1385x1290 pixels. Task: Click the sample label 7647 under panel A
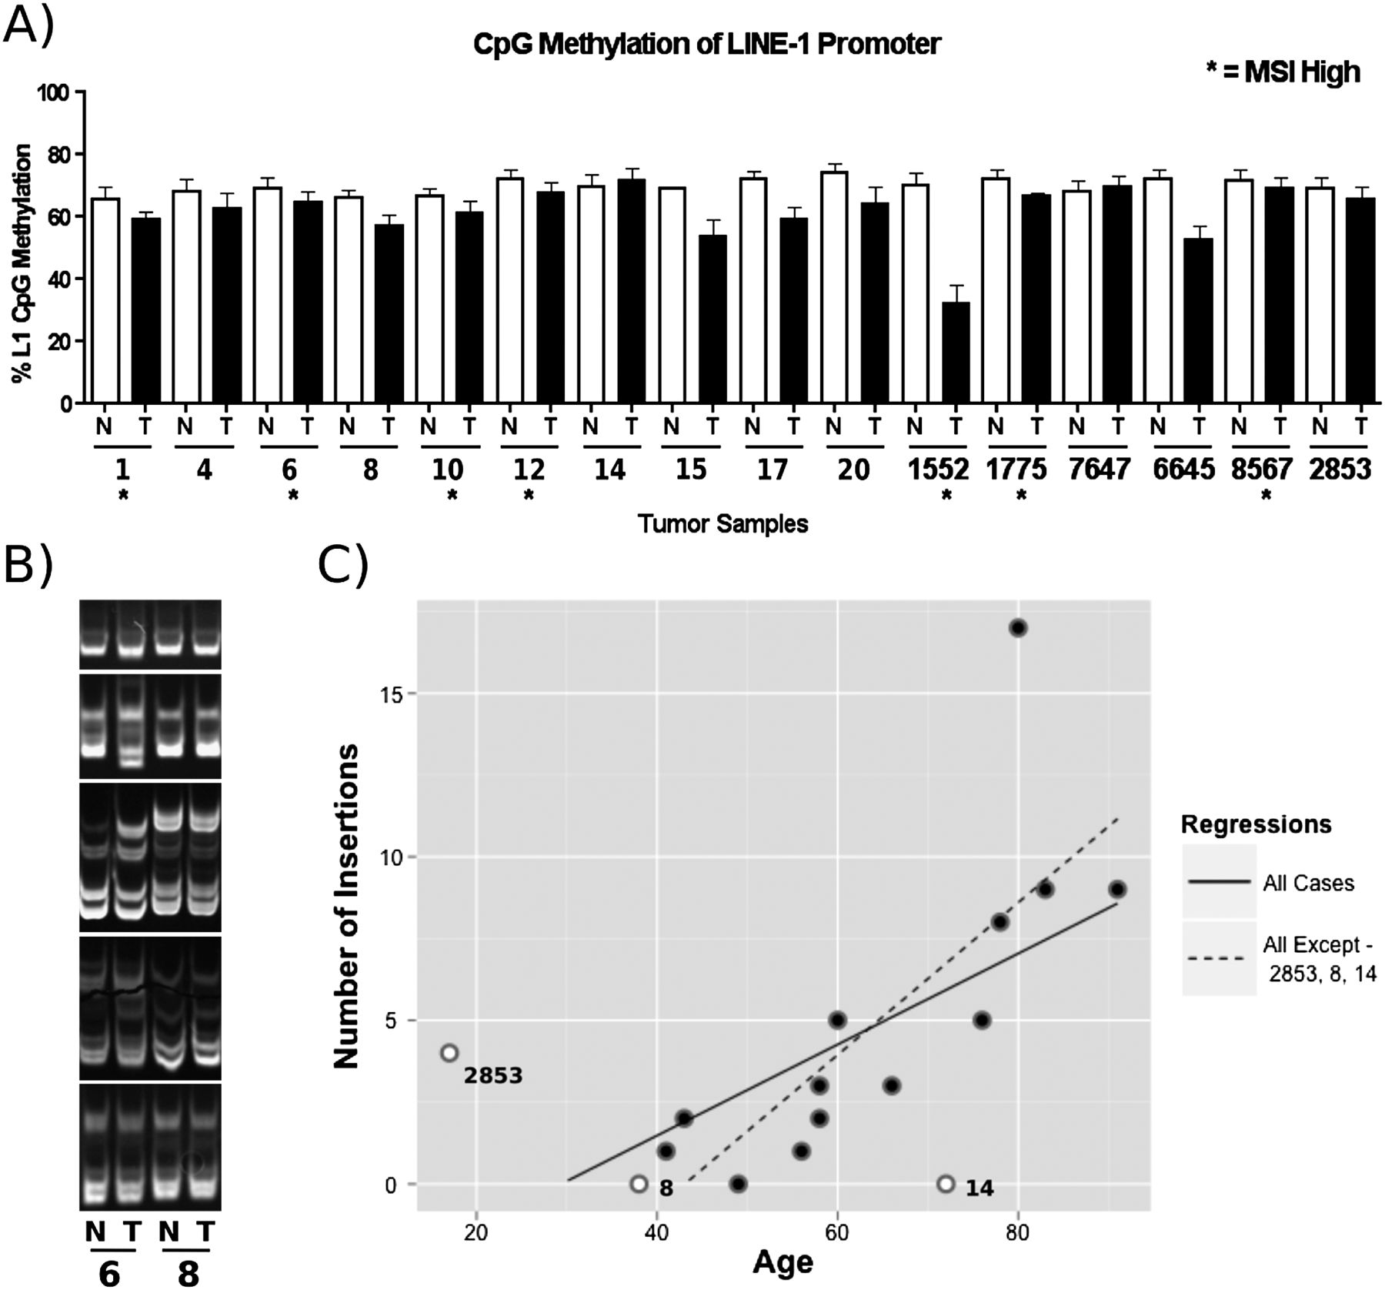[x=1098, y=469]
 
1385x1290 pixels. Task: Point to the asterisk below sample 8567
[x=1266, y=496]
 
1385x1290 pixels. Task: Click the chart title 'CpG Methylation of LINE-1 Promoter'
[x=706, y=44]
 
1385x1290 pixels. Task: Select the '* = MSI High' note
[x=1283, y=72]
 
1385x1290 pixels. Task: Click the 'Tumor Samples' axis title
[x=723, y=524]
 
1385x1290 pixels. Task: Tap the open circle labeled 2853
[x=449, y=1052]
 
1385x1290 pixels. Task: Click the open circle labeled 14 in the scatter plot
[x=946, y=1184]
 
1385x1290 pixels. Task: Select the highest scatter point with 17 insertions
[x=1018, y=628]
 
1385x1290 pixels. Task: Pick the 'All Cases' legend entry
[x=1308, y=883]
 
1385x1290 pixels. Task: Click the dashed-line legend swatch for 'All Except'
[x=1219, y=958]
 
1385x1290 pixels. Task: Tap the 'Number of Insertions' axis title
[x=347, y=906]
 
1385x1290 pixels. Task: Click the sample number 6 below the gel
[x=110, y=1275]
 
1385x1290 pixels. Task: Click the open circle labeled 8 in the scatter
[x=638, y=1184]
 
